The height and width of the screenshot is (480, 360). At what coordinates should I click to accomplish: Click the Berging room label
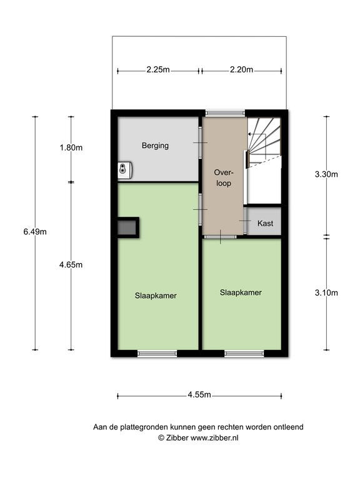click(x=155, y=146)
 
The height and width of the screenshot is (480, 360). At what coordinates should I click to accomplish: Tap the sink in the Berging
click(x=125, y=170)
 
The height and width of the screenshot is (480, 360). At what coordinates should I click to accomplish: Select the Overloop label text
click(x=224, y=178)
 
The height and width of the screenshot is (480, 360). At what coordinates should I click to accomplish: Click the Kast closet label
click(x=266, y=224)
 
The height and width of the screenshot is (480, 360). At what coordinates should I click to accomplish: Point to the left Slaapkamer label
click(x=156, y=296)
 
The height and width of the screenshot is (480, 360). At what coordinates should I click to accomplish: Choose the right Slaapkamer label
click(x=241, y=292)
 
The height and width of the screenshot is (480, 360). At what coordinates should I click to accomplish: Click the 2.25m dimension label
click(x=158, y=70)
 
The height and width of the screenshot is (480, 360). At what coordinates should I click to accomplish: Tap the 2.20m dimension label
click(x=241, y=70)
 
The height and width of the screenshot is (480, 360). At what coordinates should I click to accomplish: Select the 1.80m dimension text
click(x=71, y=148)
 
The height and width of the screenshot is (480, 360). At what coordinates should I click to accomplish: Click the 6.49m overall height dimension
click(x=35, y=232)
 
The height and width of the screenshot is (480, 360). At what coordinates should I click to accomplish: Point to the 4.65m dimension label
click(x=71, y=265)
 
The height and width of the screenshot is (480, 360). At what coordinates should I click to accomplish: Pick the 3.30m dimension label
click(x=326, y=174)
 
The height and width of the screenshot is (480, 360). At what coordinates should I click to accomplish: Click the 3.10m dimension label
click(x=326, y=293)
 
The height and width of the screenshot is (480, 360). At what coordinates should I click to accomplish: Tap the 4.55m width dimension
click(x=199, y=395)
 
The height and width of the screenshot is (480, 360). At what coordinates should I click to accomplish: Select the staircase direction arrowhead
click(x=249, y=134)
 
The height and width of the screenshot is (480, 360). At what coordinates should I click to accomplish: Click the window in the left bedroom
click(x=157, y=354)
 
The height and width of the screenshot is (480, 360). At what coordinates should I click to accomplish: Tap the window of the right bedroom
click(x=244, y=354)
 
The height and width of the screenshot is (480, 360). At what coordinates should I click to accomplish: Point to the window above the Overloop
click(x=225, y=113)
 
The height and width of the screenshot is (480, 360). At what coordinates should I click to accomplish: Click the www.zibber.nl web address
click(x=214, y=438)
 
